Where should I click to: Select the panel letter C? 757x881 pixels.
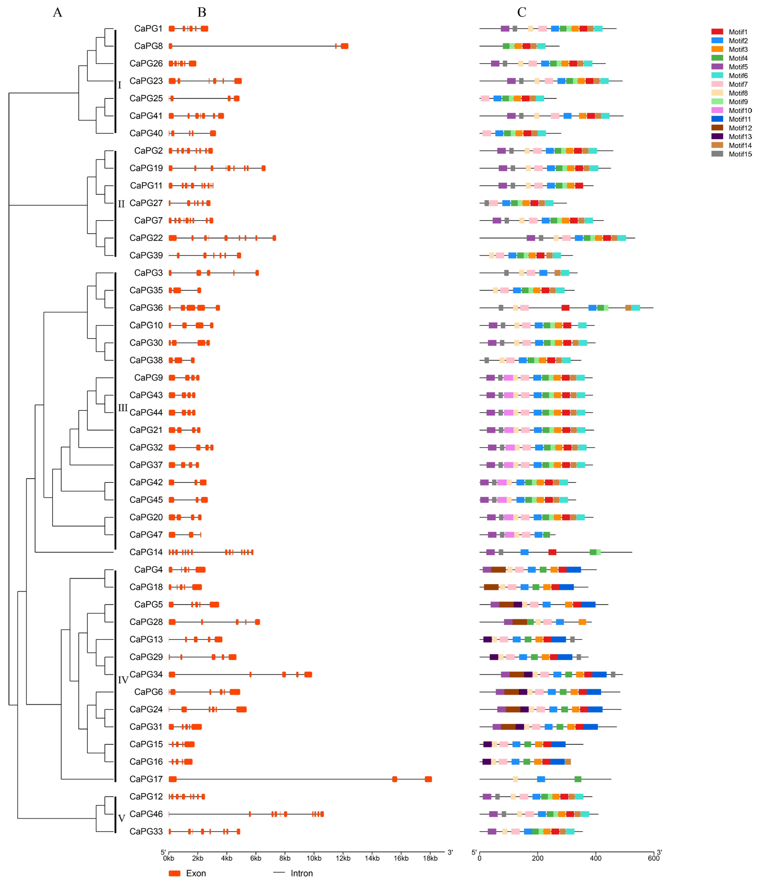pos(522,12)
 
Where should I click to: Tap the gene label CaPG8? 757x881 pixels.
pos(148,46)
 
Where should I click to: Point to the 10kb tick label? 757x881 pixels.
pos(314,858)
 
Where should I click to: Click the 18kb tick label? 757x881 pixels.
pos(430,858)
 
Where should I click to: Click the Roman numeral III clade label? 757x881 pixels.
pos(123,408)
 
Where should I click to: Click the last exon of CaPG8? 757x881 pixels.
pos(344,46)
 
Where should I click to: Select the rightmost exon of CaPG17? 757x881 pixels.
pos(428,779)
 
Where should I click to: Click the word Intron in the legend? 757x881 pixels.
pos(302,873)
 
